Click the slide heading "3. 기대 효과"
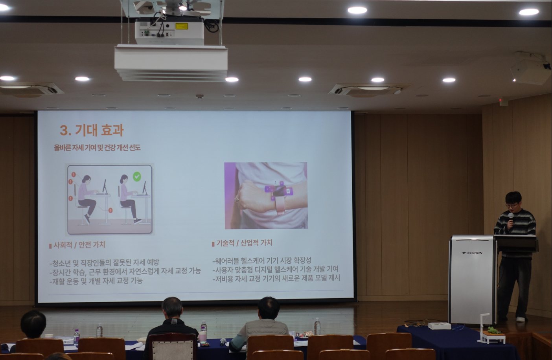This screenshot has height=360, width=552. [92, 130]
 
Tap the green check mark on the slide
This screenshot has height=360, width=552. [137, 176]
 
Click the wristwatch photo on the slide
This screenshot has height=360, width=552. [266, 196]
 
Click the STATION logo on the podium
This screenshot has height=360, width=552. [472, 253]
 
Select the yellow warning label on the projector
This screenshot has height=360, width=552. [182, 26]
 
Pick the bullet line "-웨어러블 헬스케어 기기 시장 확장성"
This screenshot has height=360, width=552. [262, 261]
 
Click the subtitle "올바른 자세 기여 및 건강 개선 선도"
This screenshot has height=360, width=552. [97, 148]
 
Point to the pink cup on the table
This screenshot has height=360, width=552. [202, 336]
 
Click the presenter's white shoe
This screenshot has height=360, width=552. [521, 319]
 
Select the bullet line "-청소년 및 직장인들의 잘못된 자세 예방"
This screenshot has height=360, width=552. [104, 263]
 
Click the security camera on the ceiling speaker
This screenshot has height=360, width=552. [546, 66]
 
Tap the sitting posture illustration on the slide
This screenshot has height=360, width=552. [110, 200]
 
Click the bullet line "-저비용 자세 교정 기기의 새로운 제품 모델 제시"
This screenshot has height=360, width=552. [276, 278]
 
